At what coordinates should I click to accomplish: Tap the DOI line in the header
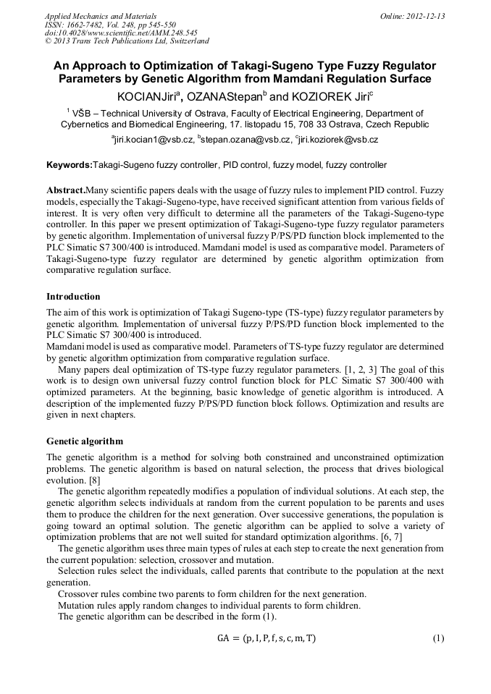point(111,33)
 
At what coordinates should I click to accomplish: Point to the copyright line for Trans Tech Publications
point(127,42)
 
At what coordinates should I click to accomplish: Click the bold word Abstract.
point(66,188)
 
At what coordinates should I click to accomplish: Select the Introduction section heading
point(73,297)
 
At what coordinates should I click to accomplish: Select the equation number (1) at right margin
point(437,638)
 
